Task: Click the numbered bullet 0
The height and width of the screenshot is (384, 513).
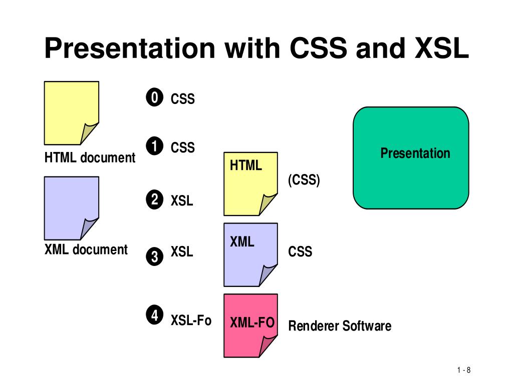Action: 155,98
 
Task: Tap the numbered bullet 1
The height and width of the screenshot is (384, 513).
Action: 155,146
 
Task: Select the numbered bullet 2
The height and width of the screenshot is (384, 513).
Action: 155,200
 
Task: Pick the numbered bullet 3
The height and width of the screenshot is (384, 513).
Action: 155,256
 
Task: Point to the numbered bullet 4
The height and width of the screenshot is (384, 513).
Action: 155,315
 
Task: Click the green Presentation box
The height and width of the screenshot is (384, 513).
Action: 411,157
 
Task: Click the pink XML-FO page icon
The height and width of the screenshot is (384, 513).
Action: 250,325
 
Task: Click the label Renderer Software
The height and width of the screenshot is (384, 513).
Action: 340,326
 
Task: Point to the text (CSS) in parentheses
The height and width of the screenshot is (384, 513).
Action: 304,179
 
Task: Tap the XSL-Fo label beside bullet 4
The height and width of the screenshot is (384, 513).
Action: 191,320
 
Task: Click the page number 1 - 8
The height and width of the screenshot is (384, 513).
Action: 464,370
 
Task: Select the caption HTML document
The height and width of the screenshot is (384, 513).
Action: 90,158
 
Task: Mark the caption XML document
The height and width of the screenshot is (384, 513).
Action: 86,249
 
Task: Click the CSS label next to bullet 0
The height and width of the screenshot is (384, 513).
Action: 182,99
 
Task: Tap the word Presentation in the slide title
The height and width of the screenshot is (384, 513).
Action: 130,48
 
